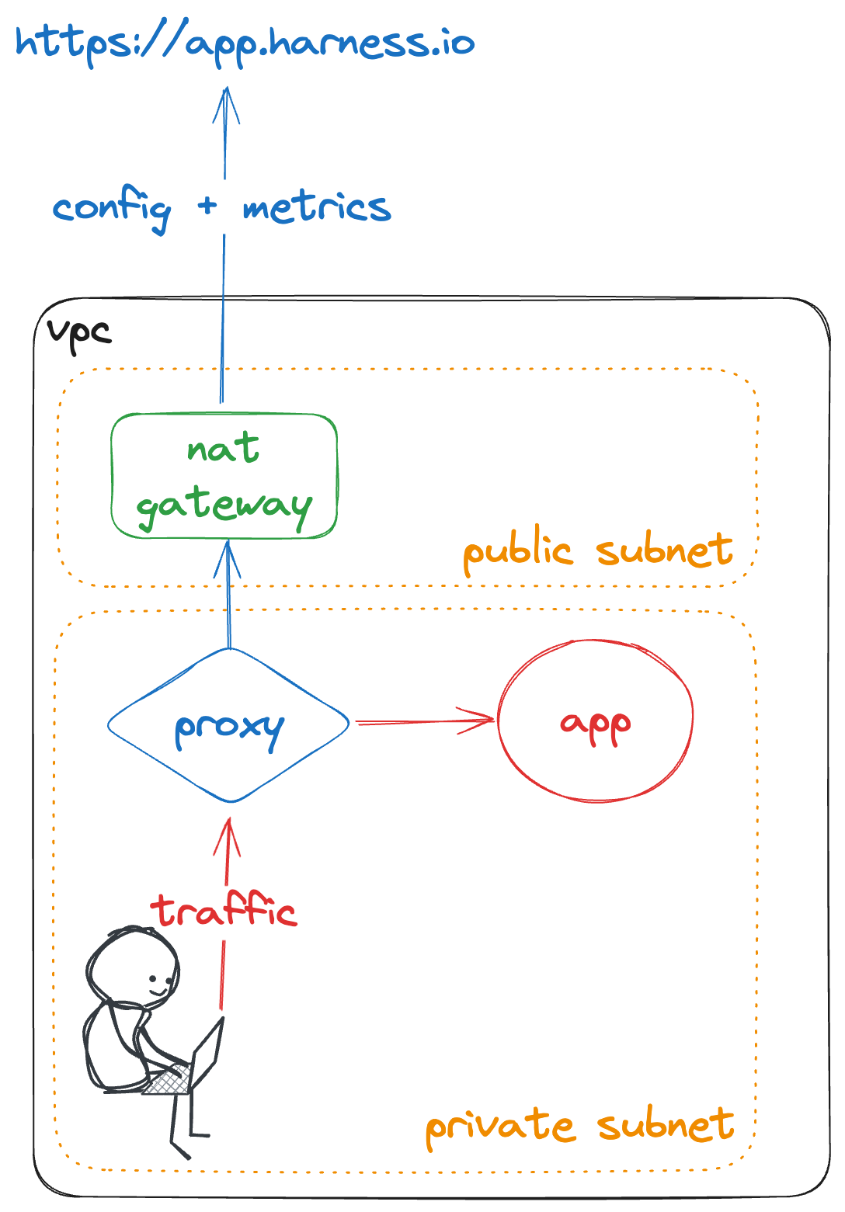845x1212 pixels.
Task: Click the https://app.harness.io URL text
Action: click(x=245, y=43)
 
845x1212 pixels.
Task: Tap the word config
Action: click(x=112, y=208)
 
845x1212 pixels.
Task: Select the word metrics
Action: click(x=317, y=207)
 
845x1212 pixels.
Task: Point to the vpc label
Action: click(x=79, y=332)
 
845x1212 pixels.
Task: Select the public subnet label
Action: click(x=597, y=551)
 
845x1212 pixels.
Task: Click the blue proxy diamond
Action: click(x=229, y=725)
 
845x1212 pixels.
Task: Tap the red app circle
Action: click(x=595, y=721)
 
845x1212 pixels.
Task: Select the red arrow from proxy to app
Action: click(x=423, y=721)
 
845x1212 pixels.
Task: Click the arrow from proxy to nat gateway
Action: click(x=228, y=598)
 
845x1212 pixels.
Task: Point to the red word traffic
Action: click(x=224, y=910)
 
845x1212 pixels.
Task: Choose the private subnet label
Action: click(x=579, y=1126)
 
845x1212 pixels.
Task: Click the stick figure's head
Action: click(x=134, y=967)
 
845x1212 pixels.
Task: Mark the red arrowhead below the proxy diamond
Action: click(x=228, y=835)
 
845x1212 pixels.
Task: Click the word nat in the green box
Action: click(x=223, y=448)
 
